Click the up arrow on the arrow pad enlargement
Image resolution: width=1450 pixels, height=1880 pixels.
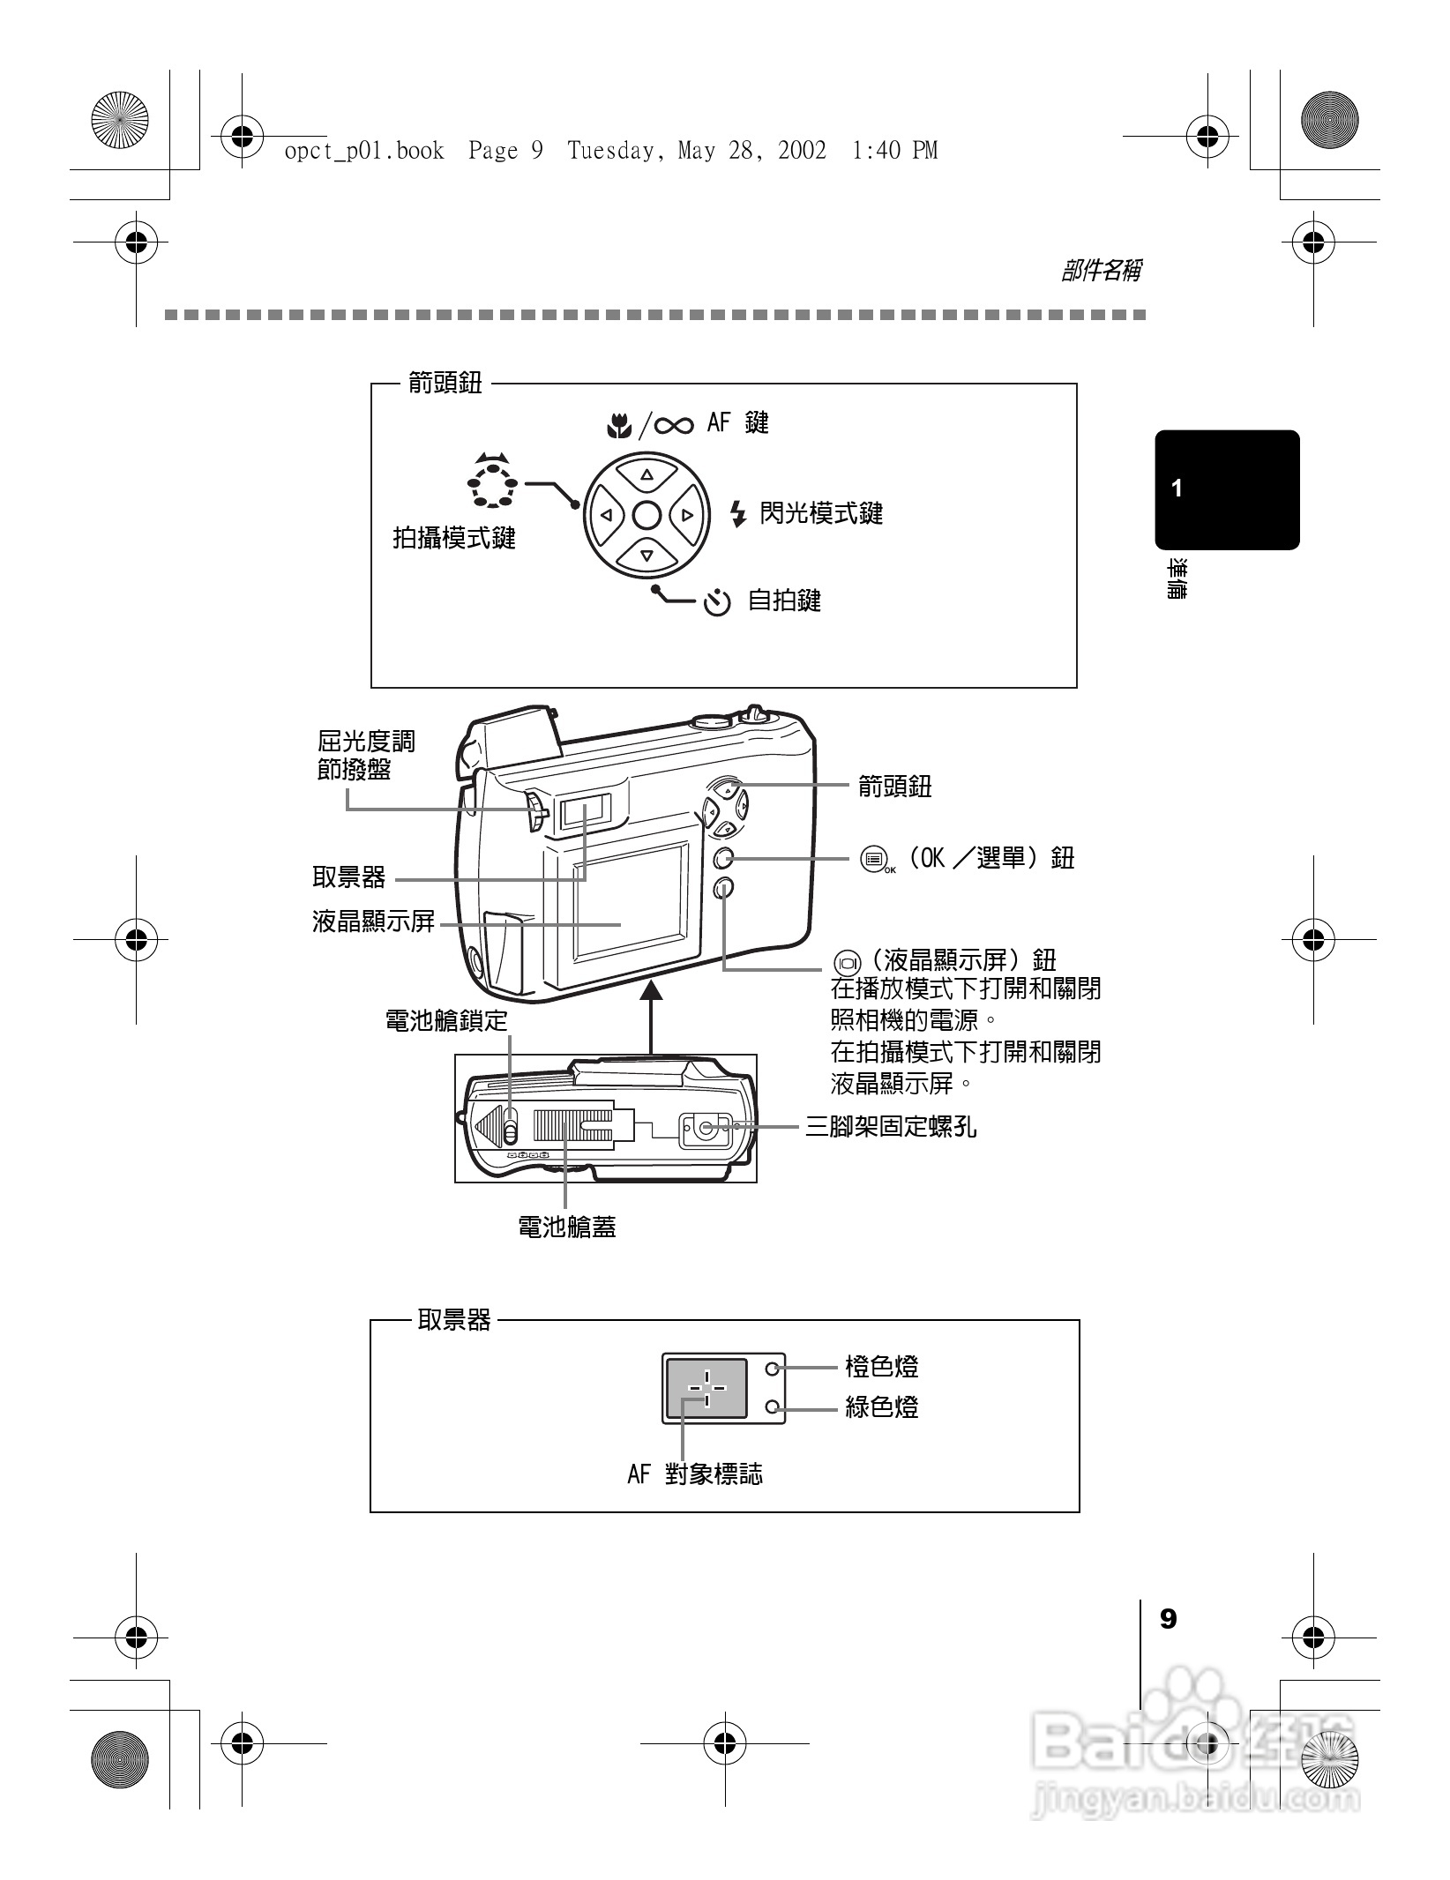pos(647,474)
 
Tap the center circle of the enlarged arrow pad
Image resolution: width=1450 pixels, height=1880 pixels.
pos(647,515)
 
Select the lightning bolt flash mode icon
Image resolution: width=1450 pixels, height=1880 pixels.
pos(738,513)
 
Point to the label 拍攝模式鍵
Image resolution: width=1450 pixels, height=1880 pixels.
pos(453,537)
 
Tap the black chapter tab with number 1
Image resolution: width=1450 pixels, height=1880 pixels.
pos(1227,489)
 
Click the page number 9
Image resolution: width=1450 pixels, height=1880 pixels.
pos(1168,1619)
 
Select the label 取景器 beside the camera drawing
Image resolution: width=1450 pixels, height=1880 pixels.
pos(349,877)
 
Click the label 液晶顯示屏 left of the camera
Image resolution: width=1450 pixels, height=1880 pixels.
pos(374,922)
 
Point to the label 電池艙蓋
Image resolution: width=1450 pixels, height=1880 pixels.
pos(566,1227)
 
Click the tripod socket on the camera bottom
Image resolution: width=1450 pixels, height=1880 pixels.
pos(706,1127)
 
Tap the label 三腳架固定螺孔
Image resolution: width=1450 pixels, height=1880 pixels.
pos(891,1127)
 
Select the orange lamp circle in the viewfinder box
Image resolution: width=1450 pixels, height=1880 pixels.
pos(774,1369)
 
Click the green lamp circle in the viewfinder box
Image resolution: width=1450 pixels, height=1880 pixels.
pos(774,1407)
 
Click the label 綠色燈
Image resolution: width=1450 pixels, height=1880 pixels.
pos(882,1407)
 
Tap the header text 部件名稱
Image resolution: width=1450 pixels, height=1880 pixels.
pos(1101,271)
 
